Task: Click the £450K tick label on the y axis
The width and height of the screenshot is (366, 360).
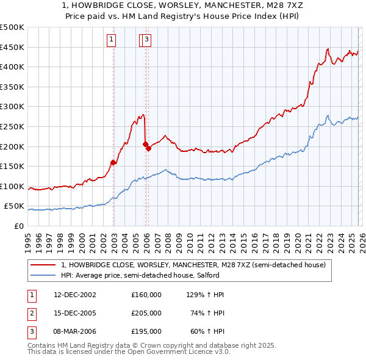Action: tap(12, 47)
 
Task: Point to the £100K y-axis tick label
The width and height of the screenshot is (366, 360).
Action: tap(12, 186)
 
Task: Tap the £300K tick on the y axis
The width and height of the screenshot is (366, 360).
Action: tap(12, 106)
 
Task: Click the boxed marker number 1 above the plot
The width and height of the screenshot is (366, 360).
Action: tap(112, 40)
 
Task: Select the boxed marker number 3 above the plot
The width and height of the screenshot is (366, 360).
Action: tap(148, 40)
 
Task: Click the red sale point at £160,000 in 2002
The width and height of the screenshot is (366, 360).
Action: tap(113, 162)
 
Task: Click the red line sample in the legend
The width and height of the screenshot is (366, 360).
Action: tap(44, 265)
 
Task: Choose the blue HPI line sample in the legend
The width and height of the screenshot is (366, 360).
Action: tap(44, 275)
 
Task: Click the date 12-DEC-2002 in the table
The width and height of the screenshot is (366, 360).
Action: tap(74, 295)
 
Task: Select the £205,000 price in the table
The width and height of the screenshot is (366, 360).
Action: tap(146, 313)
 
